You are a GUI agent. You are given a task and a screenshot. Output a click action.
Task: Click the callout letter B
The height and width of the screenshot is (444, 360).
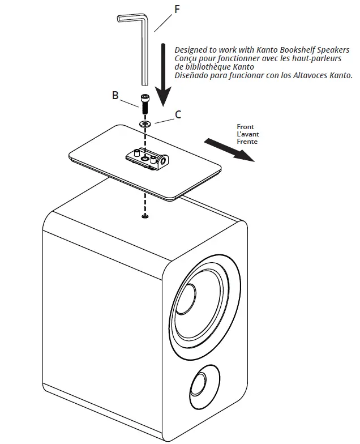[115, 95]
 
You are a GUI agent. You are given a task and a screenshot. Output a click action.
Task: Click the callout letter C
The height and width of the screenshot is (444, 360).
[178, 114]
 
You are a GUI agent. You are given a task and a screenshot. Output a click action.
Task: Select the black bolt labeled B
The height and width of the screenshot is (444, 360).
[145, 104]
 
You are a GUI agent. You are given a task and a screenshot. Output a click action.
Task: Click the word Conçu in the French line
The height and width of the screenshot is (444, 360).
[186, 58]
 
